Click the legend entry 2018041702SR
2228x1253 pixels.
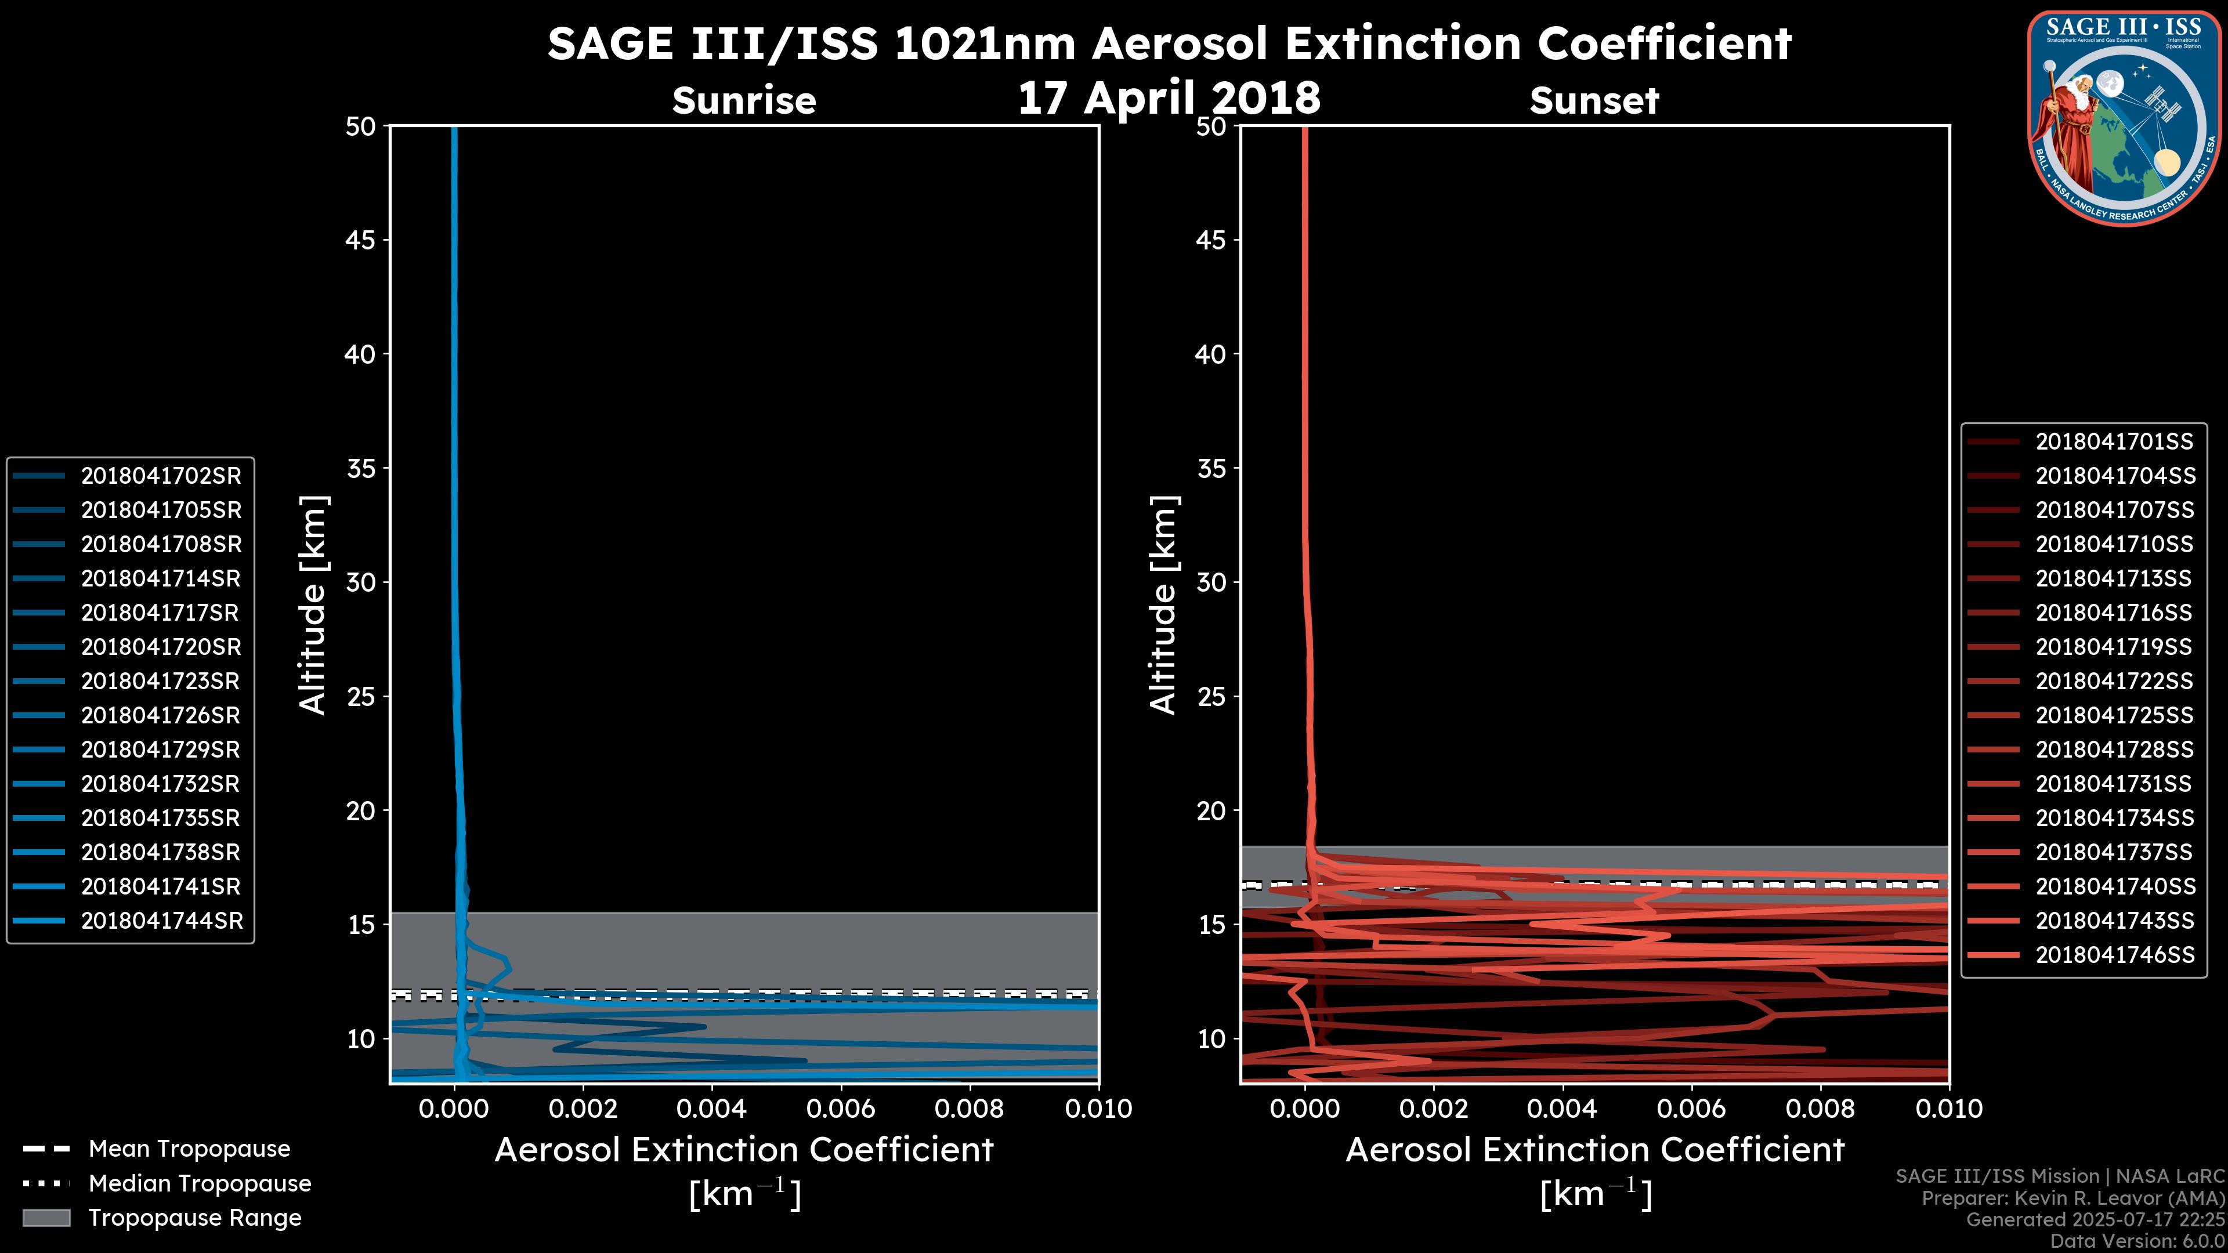[x=161, y=476]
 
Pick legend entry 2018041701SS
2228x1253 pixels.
[x=2114, y=442]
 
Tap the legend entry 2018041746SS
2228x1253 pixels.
[x=2114, y=955]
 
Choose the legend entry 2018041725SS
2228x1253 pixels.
[x=2114, y=715]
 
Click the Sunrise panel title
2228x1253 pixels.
[x=744, y=101]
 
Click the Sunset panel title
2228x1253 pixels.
[x=1594, y=101]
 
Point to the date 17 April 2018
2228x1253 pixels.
[x=1169, y=97]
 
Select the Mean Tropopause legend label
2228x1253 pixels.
[x=189, y=1149]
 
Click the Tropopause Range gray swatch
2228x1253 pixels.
[x=46, y=1218]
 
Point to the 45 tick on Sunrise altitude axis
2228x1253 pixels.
[x=361, y=240]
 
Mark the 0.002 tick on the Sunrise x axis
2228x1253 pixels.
[x=583, y=1109]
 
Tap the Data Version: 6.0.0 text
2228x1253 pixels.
[x=2138, y=1241]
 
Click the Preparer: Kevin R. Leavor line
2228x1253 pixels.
[x=2073, y=1198]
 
